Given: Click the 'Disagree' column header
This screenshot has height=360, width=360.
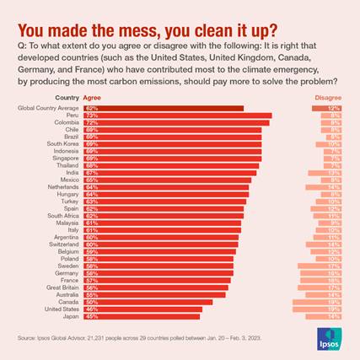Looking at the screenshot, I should coord(328,98).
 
